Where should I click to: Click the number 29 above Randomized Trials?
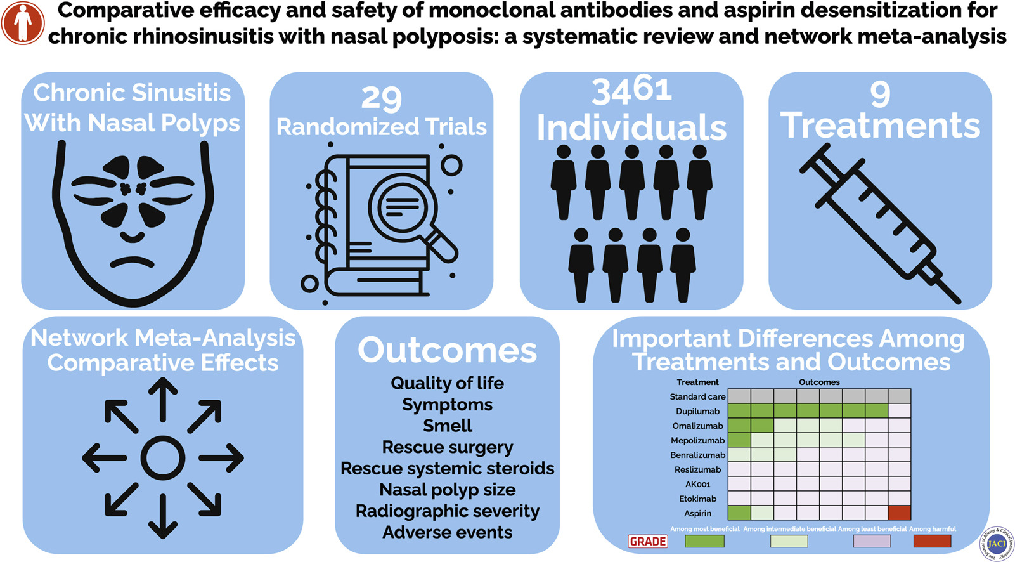381,98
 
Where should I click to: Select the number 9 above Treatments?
879,94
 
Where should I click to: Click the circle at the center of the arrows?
163,458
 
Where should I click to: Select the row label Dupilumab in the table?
697,411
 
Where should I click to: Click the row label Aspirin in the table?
697,513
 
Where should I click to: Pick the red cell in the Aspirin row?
900,513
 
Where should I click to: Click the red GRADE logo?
647,541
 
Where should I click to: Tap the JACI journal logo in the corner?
997,544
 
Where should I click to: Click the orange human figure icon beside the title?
23,23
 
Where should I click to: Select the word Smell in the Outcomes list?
447,426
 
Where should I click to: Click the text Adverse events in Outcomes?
447,532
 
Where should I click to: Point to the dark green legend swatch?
704,541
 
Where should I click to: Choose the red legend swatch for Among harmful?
932,541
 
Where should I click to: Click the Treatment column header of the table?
697,382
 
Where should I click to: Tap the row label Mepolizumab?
697,440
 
